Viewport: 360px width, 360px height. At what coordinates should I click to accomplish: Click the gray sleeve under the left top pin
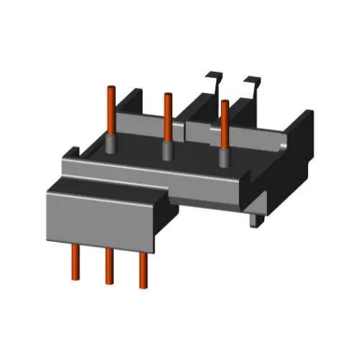coord(112,144)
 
